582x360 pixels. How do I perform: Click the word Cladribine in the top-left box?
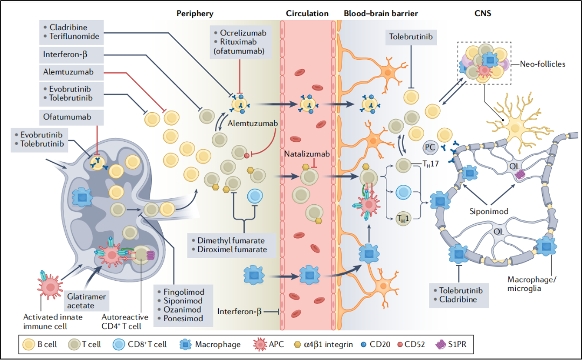tap(70, 27)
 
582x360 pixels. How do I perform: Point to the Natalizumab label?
tap(306, 155)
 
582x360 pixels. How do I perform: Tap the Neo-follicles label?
tap(542, 64)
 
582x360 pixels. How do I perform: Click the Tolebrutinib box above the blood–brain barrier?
tap(411, 37)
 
